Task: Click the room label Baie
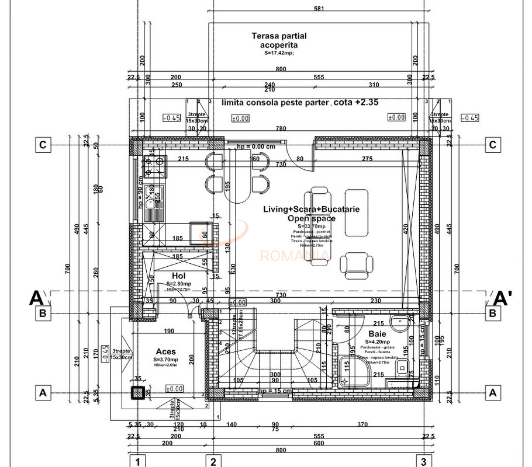tap(376, 334)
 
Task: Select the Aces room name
tap(166, 352)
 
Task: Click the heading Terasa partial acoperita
tap(279, 40)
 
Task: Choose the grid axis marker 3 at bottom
tap(423, 462)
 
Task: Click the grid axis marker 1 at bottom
tap(137, 462)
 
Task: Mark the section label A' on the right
tap(503, 298)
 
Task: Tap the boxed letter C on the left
tap(42, 145)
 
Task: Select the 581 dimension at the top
tap(319, 9)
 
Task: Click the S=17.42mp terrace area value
tap(279, 53)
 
